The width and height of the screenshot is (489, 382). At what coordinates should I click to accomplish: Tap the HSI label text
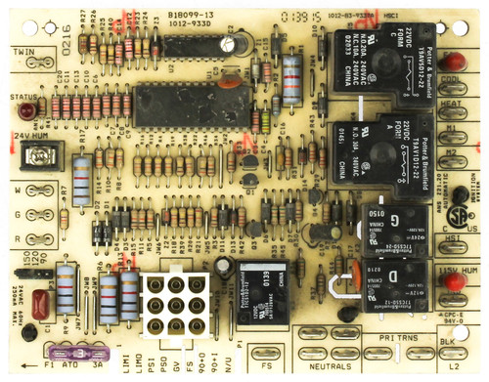[x=452, y=237]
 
